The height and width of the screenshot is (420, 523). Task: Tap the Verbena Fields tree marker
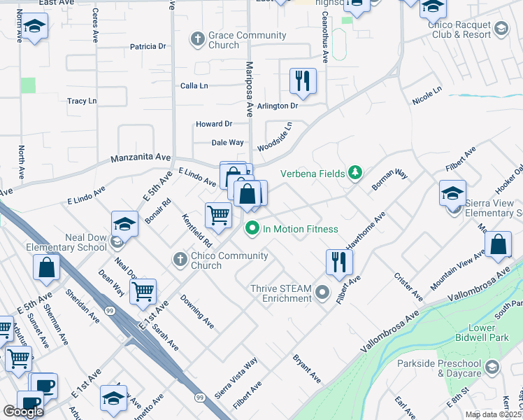(356, 172)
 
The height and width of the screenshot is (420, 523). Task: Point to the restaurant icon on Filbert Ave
(339, 262)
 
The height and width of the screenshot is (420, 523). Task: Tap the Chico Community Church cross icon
(180, 260)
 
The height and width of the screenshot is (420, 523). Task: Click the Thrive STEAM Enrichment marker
(322, 292)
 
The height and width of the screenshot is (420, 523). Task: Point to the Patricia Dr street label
(148, 47)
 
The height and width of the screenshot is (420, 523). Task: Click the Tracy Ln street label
(82, 101)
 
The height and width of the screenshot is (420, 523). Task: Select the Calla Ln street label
(194, 85)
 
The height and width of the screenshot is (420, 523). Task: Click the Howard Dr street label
(213, 124)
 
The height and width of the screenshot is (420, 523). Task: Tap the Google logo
(23, 411)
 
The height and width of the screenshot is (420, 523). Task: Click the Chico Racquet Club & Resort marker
(501, 29)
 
